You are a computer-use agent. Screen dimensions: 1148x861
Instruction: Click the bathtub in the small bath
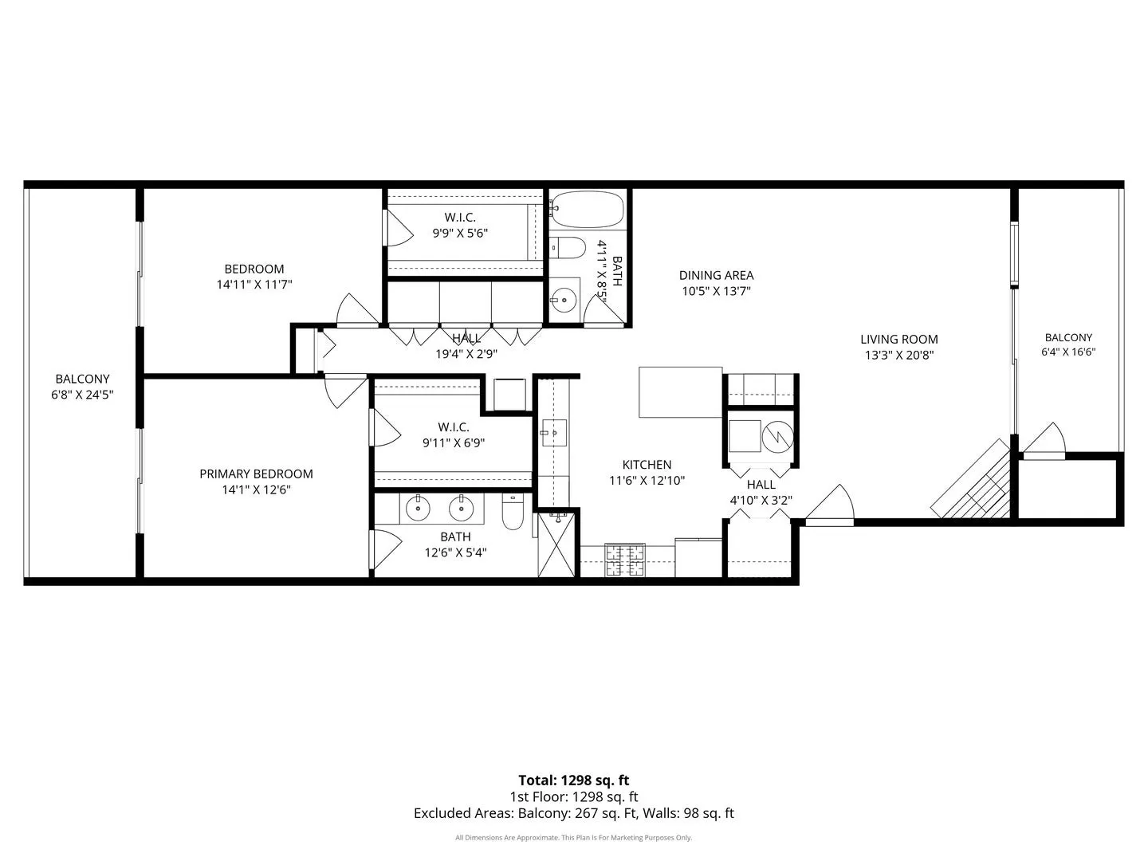pos(588,209)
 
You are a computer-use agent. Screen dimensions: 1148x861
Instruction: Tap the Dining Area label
pos(716,275)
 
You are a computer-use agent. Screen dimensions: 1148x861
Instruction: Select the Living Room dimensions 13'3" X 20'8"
pos(899,355)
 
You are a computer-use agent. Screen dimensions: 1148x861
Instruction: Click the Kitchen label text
pos(647,464)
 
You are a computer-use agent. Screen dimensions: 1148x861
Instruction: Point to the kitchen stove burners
pos(625,560)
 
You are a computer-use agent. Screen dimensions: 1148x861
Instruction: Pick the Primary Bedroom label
pos(256,474)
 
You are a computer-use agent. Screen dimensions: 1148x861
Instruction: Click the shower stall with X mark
pos(556,545)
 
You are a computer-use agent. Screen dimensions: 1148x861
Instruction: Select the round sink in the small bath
pos(564,300)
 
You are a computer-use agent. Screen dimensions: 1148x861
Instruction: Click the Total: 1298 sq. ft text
pos(574,780)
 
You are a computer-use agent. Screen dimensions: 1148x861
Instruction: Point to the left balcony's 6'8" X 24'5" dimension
pos(82,395)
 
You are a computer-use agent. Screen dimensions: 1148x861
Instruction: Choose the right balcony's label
pos(1068,338)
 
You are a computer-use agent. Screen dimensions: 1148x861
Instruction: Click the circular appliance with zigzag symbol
pos(778,436)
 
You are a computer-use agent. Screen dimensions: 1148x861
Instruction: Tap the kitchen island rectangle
pos(681,392)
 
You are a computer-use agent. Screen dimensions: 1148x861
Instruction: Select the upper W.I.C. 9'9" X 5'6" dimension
pos(460,233)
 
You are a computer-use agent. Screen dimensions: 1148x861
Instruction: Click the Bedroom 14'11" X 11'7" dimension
pos(254,285)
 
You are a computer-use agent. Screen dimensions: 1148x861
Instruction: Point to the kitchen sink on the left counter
pos(554,433)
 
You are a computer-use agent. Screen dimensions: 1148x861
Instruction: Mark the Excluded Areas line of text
pos(574,813)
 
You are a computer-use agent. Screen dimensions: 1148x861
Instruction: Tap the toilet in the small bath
pos(568,248)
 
